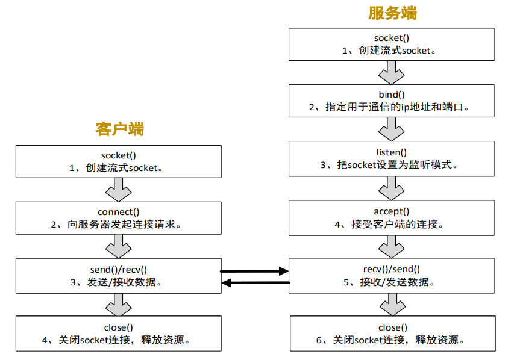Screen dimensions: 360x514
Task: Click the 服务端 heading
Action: tap(392, 13)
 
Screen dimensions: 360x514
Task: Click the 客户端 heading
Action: tap(119, 128)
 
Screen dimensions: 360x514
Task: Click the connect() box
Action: tap(118, 217)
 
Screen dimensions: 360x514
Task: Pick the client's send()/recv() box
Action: tap(118, 275)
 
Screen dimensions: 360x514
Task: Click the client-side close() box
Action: tap(118, 334)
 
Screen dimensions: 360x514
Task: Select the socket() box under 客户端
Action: tap(118, 161)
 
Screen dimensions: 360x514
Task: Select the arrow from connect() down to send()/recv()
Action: tap(118, 246)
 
